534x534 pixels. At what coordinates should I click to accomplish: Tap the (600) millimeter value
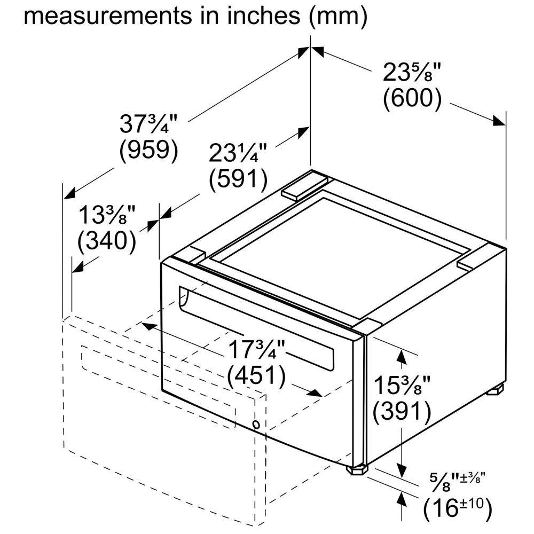pyautogui.click(x=412, y=98)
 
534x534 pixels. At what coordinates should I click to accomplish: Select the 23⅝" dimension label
pyautogui.click(x=412, y=72)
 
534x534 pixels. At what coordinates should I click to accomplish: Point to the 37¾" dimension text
pyautogui.click(x=148, y=124)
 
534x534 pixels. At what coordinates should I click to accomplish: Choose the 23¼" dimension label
pyautogui.click(x=238, y=153)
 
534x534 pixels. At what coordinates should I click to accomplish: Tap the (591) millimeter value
pyautogui.click(x=238, y=178)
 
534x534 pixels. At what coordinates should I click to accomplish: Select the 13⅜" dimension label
pyautogui.click(x=107, y=215)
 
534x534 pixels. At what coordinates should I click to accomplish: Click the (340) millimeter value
pyautogui.click(x=107, y=240)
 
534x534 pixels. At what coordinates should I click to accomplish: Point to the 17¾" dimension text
pyautogui.click(x=256, y=349)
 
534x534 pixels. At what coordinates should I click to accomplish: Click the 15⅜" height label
pyautogui.click(x=402, y=385)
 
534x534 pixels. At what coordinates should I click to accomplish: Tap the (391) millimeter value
pyautogui.click(x=402, y=411)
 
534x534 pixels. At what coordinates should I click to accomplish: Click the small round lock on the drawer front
pyautogui.click(x=256, y=425)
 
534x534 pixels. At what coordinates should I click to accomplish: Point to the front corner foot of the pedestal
pyautogui.click(x=357, y=469)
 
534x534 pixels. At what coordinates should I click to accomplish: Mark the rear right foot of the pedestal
pyautogui.click(x=495, y=390)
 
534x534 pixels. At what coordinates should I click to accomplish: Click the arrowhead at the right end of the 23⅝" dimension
pyautogui.click(x=499, y=121)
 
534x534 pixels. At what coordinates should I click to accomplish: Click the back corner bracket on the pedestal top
pyautogui.click(x=304, y=185)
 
